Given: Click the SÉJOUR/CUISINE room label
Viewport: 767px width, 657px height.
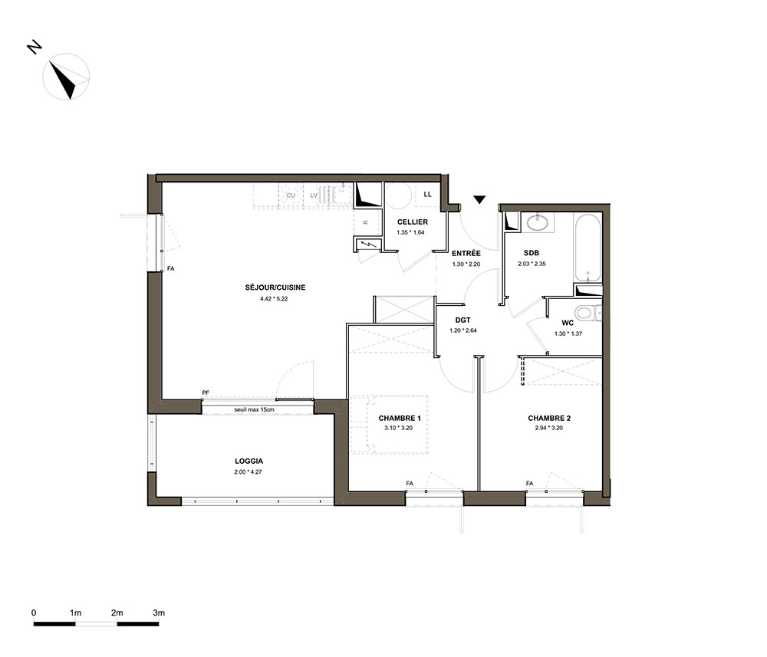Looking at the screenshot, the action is [x=275, y=287].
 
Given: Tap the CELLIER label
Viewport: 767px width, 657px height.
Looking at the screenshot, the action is [x=413, y=222].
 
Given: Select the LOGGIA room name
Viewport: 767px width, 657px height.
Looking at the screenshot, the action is [x=249, y=461].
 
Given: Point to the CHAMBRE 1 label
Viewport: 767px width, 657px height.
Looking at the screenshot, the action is [x=400, y=418].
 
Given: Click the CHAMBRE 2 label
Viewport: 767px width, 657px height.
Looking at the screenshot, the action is [x=549, y=418].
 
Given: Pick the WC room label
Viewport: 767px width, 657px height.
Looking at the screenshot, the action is [x=568, y=323].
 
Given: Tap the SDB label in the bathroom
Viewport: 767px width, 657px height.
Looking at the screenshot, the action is [x=532, y=253].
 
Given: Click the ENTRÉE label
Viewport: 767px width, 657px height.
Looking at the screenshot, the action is [x=466, y=253].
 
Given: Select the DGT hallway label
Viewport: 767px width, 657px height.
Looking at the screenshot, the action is [x=463, y=320].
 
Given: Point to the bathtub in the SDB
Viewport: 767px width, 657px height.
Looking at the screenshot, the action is [x=588, y=248].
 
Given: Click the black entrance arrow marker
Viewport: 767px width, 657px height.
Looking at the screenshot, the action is [x=479, y=199].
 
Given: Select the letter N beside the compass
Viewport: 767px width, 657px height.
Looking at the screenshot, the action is [x=35, y=48].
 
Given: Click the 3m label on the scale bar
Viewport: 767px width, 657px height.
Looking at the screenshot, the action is [x=159, y=613].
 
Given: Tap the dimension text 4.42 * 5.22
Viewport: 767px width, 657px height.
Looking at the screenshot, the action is [x=274, y=299].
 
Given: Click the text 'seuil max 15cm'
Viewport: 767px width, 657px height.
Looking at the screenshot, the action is [x=255, y=409].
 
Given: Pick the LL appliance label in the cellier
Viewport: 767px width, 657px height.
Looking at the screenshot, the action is [x=427, y=194].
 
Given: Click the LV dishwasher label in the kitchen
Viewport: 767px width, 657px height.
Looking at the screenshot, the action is [x=314, y=195].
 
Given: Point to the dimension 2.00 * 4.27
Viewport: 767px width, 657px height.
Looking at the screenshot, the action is [x=248, y=472].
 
